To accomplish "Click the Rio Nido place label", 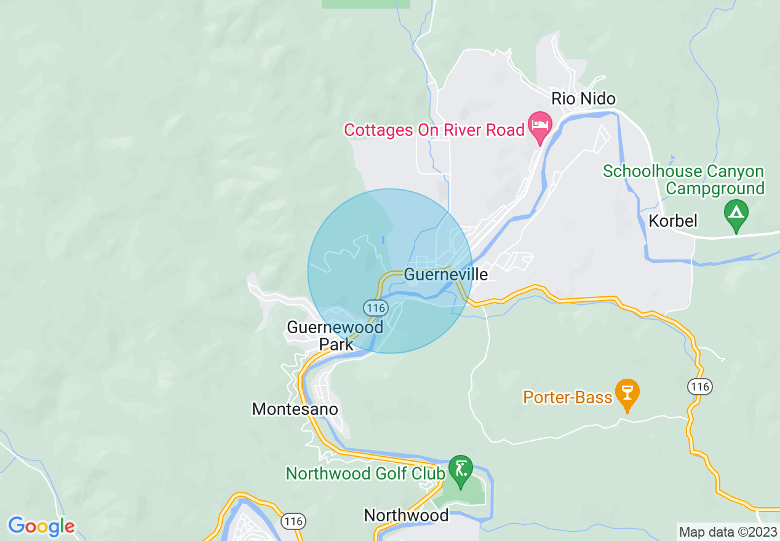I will pos(583,98).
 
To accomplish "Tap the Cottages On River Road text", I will pos(434,130).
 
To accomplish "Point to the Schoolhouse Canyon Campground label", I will pos(683,180).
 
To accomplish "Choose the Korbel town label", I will pos(673,221).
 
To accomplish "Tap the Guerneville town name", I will pos(446,274).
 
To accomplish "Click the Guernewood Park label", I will pos(335,335).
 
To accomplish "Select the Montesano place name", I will pos(295,409).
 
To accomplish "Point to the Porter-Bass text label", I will pos(568,397).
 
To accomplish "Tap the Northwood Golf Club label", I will pos(365,473).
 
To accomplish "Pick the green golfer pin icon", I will pos(460,468).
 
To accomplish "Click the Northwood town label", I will pos(406,515).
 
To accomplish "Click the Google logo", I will pos(41,526).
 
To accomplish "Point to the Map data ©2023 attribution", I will pos(728,532).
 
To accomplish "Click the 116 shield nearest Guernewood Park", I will pos(374,307).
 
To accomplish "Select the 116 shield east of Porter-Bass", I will pos(700,387).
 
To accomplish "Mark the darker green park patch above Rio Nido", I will pos(365,4).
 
